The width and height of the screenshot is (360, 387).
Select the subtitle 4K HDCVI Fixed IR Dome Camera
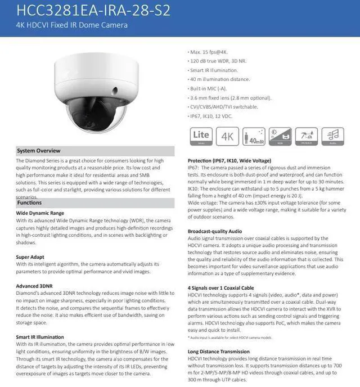[x=72, y=25]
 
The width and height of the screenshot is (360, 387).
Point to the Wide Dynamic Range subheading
[x=40, y=213]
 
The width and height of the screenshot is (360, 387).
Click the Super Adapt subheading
[x=30, y=256]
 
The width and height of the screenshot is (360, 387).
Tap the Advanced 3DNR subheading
[x=35, y=286]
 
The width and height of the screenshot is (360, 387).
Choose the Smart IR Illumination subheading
[x=40, y=337]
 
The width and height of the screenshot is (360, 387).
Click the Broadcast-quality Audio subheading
[x=215, y=231]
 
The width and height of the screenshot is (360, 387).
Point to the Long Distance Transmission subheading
[x=218, y=352]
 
